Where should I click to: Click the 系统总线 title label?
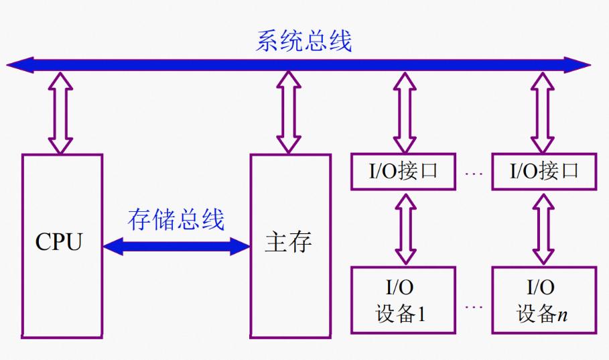pyautogui.click(x=303, y=42)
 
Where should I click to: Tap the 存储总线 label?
pyautogui.click(x=176, y=219)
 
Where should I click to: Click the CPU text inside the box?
pyautogui.click(x=59, y=243)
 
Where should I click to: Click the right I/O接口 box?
pyautogui.click(x=543, y=172)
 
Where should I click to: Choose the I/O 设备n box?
pyautogui.click(x=543, y=300)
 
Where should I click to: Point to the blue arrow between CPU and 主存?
pyautogui.click(x=176, y=246)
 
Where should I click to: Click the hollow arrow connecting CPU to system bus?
pyautogui.click(x=61, y=113)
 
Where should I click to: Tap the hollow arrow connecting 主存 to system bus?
pyautogui.click(x=289, y=113)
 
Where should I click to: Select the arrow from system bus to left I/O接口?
pyautogui.click(x=405, y=113)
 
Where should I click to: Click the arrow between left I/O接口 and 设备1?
pyautogui.click(x=405, y=228)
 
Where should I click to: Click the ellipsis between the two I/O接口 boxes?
pyautogui.click(x=473, y=173)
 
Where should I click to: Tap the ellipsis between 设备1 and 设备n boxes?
pyautogui.click(x=473, y=307)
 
